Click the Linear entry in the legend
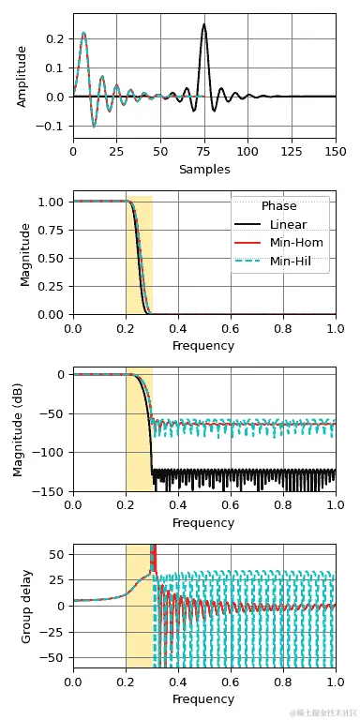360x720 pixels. (x=288, y=225)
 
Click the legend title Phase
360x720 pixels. (x=279, y=206)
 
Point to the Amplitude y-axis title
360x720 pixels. (x=22, y=76)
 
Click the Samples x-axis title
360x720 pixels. (x=203, y=170)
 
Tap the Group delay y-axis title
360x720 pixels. (x=27, y=606)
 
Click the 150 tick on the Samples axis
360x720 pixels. (x=335, y=151)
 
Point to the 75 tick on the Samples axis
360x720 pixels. (x=203, y=151)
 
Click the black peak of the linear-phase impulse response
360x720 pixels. (x=203, y=26)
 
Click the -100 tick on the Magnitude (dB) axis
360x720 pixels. (x=51, y=452)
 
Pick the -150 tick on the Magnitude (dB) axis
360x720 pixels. (x=51, y=491)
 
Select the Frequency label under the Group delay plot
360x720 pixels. (x=203, y=699)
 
